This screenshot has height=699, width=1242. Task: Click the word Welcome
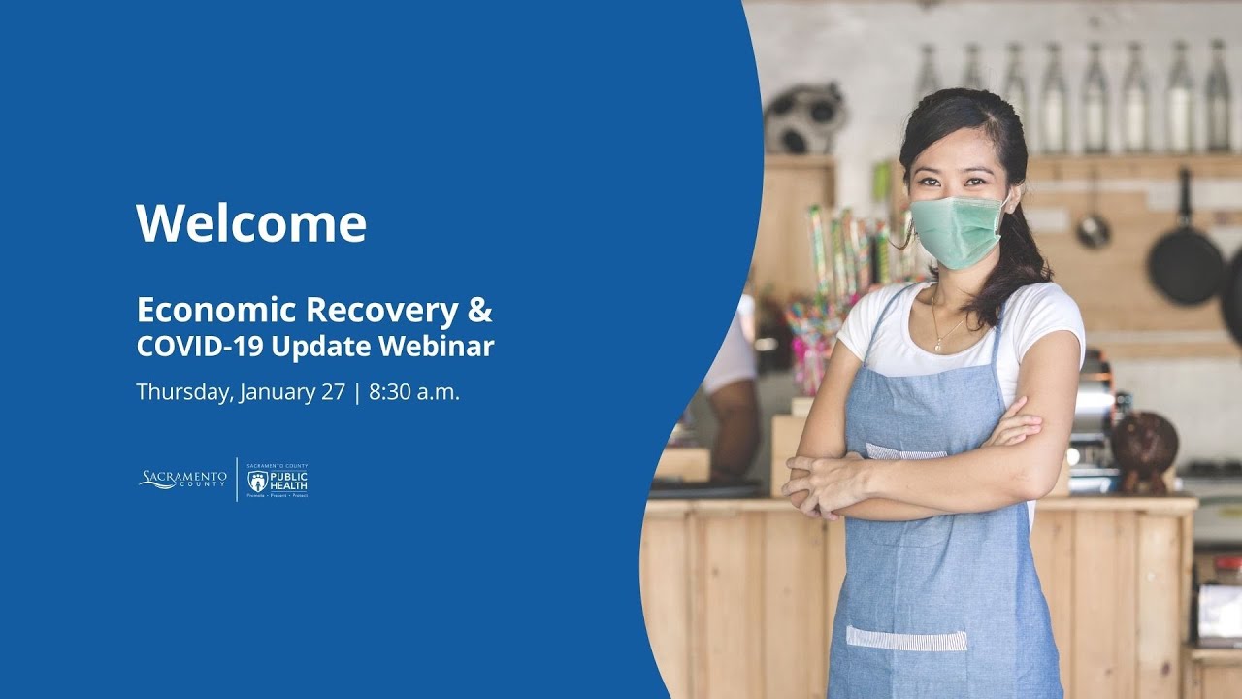tap(251, 223)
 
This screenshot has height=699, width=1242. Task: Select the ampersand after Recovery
tap(479, 310)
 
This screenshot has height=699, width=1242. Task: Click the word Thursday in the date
tap(184, 393)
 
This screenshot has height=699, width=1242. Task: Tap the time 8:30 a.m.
tap(414, 392)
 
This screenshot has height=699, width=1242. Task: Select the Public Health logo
tap(278, 479)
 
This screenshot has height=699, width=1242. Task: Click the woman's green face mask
tap(956, 231)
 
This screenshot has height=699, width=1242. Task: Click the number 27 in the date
tap(334, 392)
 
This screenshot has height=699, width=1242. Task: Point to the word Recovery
tap(380, 310)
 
